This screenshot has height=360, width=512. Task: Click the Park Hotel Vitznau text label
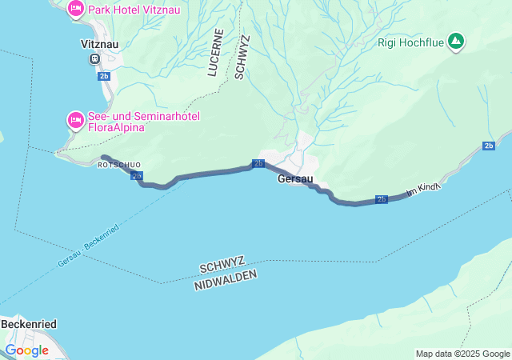(134, 9)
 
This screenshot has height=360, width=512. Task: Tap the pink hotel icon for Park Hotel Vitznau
(76, 9)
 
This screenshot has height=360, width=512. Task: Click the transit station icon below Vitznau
(96, 58)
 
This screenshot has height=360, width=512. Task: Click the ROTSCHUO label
(118, 165)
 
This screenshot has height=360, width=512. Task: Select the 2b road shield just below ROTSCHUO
(137, 175)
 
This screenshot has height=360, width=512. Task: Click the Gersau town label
(295, 178)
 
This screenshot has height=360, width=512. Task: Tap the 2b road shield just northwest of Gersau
(258, 163)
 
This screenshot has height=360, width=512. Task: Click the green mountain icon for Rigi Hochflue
(455, 41)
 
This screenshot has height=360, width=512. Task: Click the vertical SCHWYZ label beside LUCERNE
(241, 57)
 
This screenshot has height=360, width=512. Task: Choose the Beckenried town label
(28, 324)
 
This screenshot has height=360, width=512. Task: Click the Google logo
(26, 350)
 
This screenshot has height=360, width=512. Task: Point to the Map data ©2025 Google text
(462, 354)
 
